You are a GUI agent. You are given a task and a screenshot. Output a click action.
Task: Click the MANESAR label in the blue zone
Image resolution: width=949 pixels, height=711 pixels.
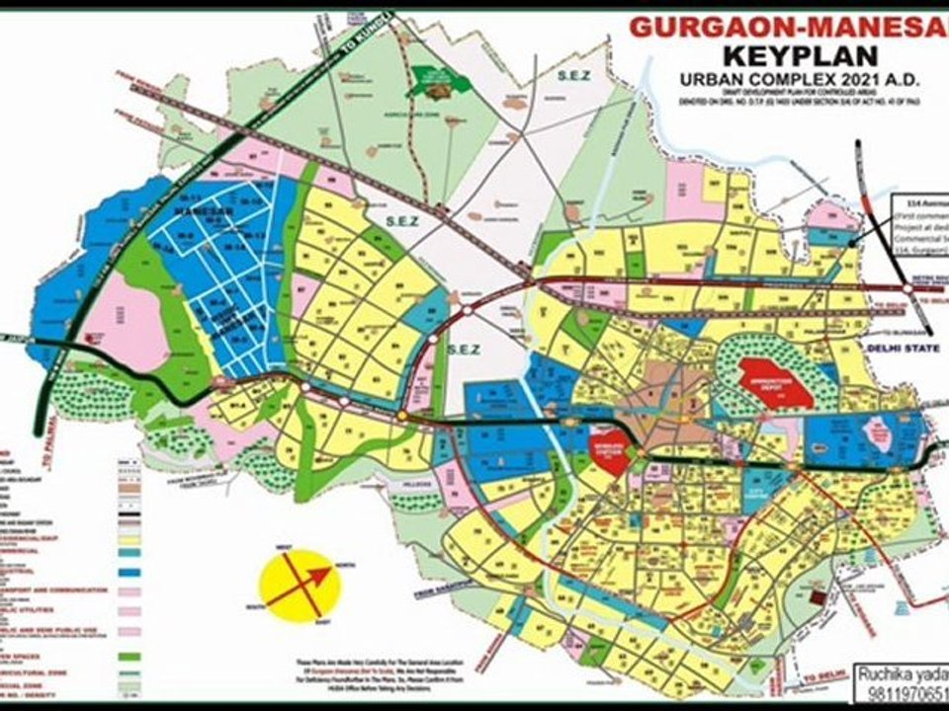click(x=194, y=212)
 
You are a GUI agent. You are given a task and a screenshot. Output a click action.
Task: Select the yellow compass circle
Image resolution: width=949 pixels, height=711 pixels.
click(x=299, y=586)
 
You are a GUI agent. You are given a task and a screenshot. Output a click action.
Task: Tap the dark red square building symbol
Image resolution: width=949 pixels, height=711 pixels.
click(x=817, y=597)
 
